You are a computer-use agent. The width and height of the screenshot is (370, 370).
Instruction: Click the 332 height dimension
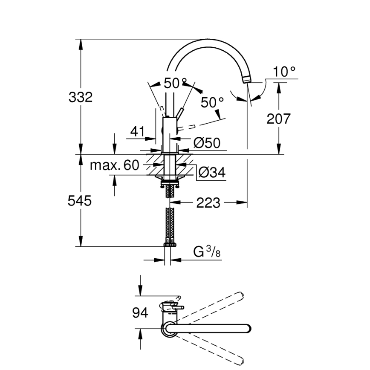pyautogui.click(x=80, y=97)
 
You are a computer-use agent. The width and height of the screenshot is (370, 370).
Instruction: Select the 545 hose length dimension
pyautogui.click(x=80, y=200)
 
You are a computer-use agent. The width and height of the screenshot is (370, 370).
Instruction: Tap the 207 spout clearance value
pyautogui.click(x=278, y=119)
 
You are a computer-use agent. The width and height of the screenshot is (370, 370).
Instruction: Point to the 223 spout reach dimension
pyautogui.click(x=208, y=203)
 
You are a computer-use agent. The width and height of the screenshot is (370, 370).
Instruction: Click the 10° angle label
pyautogui.click(x=285, y=72)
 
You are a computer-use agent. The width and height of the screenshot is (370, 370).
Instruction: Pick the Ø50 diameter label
pyautogui.click(x=207, y=143)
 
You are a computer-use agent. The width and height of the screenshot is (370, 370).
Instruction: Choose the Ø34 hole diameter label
pyautogui.click(x=212, y=172)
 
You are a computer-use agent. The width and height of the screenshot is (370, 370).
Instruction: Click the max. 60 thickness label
pyautogui.click(x=114, y=165)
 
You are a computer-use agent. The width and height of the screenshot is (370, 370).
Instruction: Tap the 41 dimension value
pyautogui.click(x=138, y=132)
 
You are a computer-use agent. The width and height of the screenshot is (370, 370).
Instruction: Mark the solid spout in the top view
pyautogui.click(x=209, y=328)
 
